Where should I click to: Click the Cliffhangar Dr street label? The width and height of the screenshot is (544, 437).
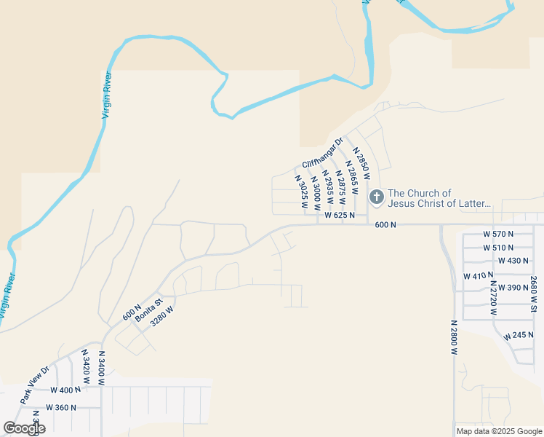pos(322,153)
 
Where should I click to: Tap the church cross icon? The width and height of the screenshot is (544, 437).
pos(377,197)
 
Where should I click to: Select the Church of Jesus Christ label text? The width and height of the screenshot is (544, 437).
pos(439,198)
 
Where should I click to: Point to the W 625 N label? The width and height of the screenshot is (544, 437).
pos(340,216)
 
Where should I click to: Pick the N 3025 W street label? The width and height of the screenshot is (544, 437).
pos(300,192)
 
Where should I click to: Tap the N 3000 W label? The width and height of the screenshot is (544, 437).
pos(316,191)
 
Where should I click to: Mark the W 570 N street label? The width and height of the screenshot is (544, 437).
pos(498,234)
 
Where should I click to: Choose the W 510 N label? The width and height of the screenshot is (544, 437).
pos(498,248)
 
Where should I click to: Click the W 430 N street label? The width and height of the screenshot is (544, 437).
pos(513,261)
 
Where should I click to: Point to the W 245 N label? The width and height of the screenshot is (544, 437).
pos(519,336)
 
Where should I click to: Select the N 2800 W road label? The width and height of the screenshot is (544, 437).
pos(453,337)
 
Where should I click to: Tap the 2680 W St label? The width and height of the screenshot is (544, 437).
pos(533,294)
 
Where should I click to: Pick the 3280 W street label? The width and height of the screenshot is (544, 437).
pos(162,319)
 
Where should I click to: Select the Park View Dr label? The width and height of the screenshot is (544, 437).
pos(34,385)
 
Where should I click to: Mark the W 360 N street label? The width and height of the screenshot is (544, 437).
pos(61,408)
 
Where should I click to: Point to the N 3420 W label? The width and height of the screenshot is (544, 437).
pos(86,368)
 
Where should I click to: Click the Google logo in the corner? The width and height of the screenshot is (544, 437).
pos(24,428)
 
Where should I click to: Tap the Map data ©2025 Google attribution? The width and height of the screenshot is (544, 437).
pos(497,431)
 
